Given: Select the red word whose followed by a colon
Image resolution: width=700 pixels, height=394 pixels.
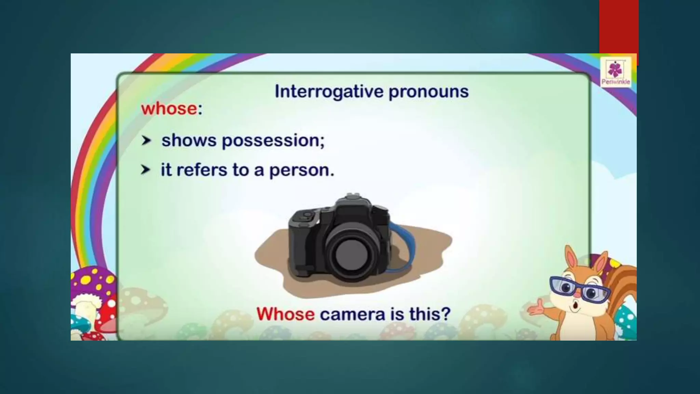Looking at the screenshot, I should click(x=169, y=109).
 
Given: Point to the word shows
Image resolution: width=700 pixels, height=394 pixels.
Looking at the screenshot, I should click(x=189, y=140).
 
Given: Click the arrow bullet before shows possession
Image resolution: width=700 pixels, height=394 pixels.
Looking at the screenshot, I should click(x=146, y=140).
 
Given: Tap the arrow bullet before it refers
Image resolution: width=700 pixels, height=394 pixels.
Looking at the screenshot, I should click(x=146, y=170).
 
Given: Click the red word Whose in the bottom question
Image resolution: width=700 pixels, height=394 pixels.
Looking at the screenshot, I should click(x=285, y=314).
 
